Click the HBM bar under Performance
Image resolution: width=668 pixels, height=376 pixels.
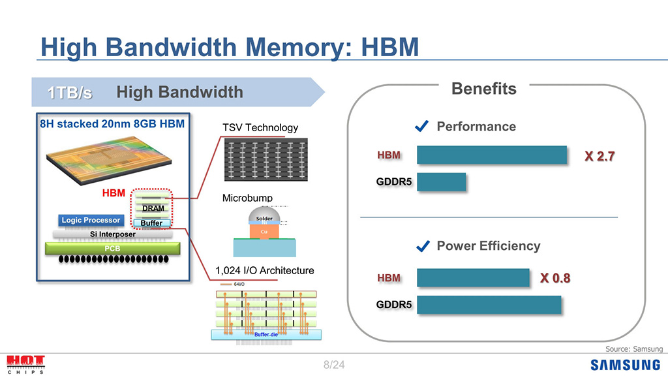491,155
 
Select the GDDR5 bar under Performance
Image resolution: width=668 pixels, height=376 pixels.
441,182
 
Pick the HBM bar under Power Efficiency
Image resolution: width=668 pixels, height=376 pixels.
473,278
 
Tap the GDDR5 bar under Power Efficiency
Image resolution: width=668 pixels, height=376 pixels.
489,305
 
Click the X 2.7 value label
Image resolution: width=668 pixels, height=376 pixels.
600,156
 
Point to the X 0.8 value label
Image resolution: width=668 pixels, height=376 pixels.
554,278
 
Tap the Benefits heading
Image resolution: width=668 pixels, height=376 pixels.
483,89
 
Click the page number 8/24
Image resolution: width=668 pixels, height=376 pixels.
334,365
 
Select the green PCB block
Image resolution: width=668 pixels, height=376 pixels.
112,248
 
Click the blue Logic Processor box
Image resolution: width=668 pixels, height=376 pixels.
91,220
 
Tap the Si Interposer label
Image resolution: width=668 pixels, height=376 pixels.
112,234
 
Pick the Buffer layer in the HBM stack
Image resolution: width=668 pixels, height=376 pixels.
151,223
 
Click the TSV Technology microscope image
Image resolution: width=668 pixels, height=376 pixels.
265,159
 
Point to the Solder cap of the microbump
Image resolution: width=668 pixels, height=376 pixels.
264,217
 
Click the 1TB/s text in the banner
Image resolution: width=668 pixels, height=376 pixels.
70,93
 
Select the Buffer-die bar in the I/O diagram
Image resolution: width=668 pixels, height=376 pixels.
266,334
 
